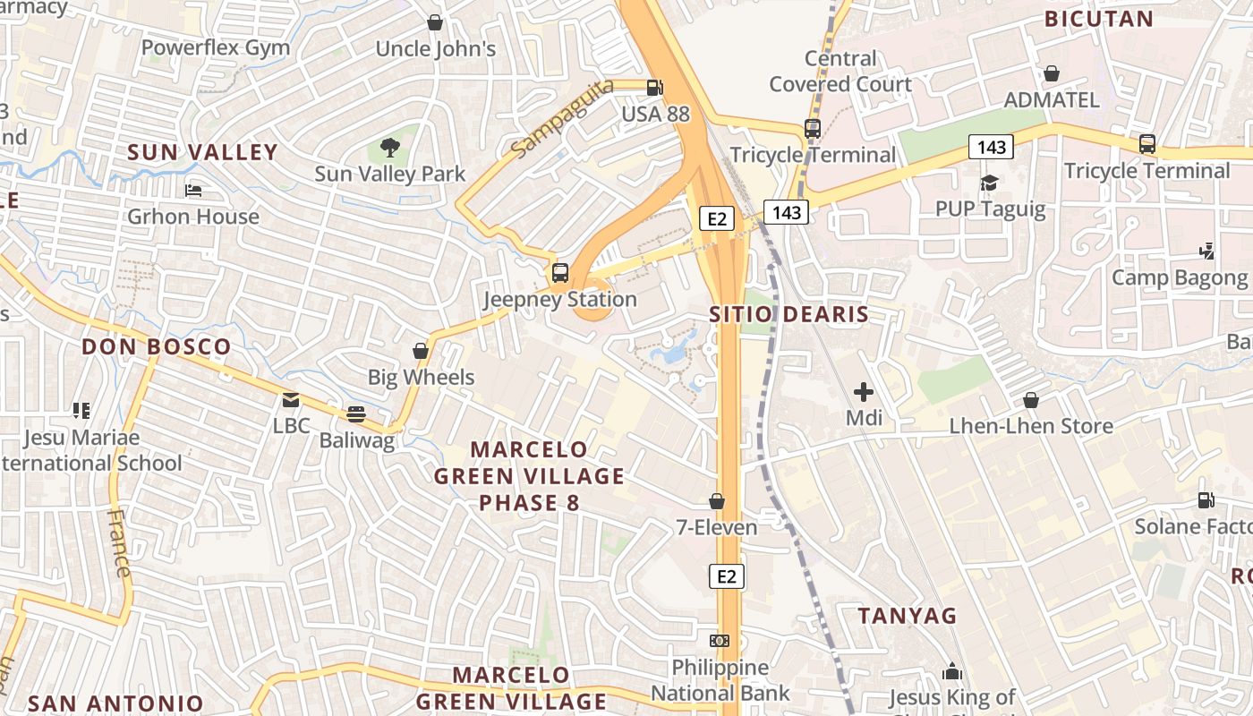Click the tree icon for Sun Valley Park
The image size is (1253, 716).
click(x=389, y=147)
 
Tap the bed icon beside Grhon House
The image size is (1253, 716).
click(x=192, y=190)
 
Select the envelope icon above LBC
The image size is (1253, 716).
click(x=291, y=399)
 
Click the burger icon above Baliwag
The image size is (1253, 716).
click(x=356, y=413)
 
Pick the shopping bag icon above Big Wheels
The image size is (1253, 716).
click(x=421, y=351)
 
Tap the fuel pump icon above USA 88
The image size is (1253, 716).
click(x=655, y=88)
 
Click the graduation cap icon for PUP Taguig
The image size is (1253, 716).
click(x=989, y=183)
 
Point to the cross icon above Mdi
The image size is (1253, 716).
click(x=864, y=391)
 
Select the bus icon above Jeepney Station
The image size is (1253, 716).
click(x=560, y=273)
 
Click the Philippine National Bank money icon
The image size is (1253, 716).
click(x=720, y=641)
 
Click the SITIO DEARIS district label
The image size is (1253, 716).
click(x=788, y=314)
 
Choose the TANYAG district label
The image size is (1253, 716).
click(x=908, y=616)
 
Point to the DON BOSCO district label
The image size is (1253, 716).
click(x=157, y=346)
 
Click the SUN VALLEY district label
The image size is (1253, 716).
click(x=202, y=152)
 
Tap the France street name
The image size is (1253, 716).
click(x=118, y=543)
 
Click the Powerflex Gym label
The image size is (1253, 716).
click(x=216, y=47)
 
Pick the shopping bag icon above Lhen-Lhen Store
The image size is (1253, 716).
click(x=1031, y=400)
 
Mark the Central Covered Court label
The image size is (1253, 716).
click(x=840, y=72)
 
